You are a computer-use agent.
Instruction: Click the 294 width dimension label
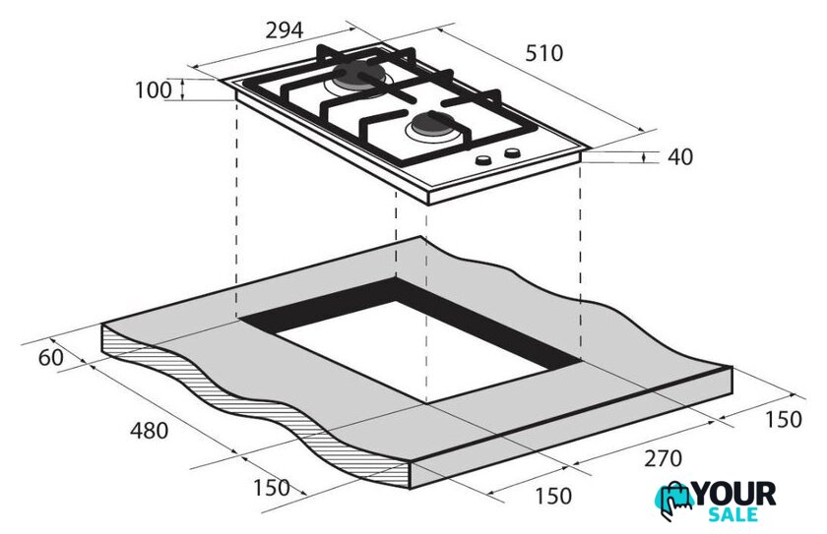coord(285,30)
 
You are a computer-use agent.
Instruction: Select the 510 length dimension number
coord(543,53)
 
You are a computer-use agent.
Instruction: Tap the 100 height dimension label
coord(154,90)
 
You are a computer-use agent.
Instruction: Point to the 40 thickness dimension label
coord(680,157)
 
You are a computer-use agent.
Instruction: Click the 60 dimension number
coord(50,358)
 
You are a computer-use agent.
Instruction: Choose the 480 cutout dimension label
coord(150,431)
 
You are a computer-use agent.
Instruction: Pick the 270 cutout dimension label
coord(663,458)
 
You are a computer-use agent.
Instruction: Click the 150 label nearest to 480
coord(272,488)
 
